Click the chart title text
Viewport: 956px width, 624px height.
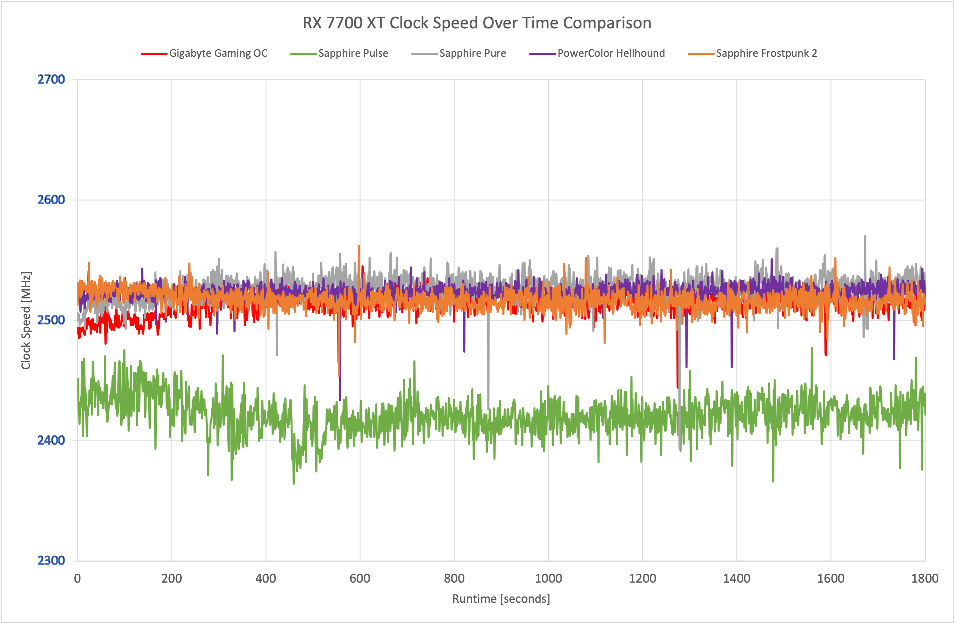(477, 23)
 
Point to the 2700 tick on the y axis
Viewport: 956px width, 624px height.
(51, 80)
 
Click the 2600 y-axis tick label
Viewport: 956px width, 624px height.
(51, 200)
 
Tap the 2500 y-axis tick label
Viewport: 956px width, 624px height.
(51, 320)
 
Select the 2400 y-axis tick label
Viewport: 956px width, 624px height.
(51, 440)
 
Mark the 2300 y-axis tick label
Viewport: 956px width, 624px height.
(51, 560)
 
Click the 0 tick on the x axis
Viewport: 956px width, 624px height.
(78, 579)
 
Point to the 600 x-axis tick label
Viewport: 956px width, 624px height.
(360, 579)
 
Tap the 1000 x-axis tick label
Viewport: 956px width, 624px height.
(548, 579)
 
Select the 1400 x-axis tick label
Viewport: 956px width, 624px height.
(737, 579)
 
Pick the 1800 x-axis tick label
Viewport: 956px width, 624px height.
(925, 579)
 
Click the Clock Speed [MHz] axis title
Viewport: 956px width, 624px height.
(26, 321)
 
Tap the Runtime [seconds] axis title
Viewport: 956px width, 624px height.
(501, 599)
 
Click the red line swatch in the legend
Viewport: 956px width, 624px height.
(154, 54)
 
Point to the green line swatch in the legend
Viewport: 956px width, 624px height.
(303, 54)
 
